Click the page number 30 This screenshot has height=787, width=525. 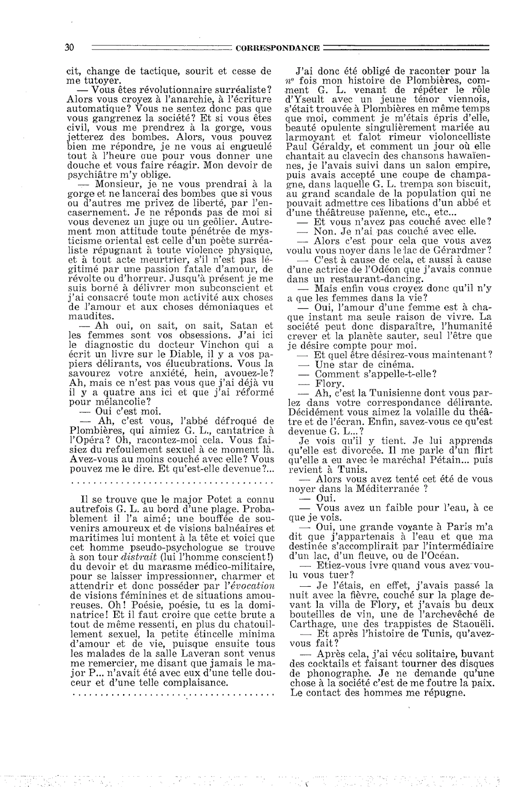point(69,48)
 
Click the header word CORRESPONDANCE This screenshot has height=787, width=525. point(278,48)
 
